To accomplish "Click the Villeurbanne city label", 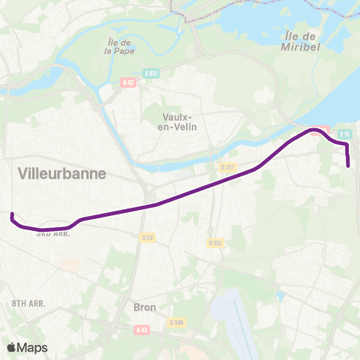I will tap(61, 173).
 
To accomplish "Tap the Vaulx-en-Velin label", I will tap(178, 122).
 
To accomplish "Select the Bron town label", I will tap(144, 307).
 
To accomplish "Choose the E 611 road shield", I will tap(151, 73).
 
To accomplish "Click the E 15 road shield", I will tap(344, 133).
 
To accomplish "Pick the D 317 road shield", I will tap(228, 166).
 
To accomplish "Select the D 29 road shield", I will tap(148, 238).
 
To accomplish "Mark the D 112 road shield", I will tap(214, 242).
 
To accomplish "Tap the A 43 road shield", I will tap(142, 329).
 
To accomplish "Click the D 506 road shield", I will tap(177, 322).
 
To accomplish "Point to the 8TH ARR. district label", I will tap(29, 303).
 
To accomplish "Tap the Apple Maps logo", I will tap(27, 347).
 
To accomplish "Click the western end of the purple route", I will tap(12, 215).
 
